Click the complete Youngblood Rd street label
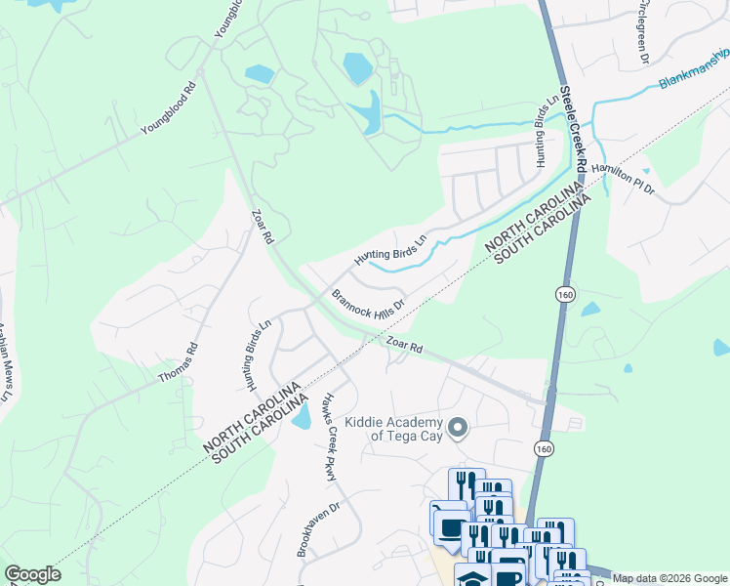click(168, 107)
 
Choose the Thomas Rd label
click(179, 361)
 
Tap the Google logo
click(32, 574)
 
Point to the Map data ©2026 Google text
click(669, 578)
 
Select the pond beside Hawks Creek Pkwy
click(302, 416)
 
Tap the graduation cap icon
click(472, 579)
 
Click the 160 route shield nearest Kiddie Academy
click(544, 446)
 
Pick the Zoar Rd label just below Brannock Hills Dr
click(402, 346)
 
